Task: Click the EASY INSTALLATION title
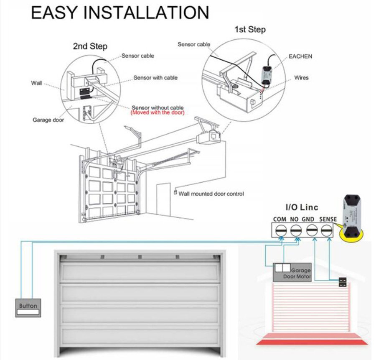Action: tap(120, 13)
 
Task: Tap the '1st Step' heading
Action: tap(250, 30)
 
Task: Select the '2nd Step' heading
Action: tap(90, 46)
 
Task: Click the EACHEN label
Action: tap(300, 56)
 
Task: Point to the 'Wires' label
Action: tap(301, 78)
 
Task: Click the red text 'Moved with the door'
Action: tap(157, 113)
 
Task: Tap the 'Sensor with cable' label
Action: tap(155, 78)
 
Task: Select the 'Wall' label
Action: tap(37, 83)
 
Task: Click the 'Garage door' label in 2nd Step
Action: tap(48, 120)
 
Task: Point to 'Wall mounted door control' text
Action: tap(211, 194)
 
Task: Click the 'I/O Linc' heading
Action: tap(302, 207)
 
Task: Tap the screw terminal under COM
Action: tap(280, 230)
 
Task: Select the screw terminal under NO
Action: tap(296, 230)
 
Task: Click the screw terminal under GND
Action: tap(311, 230)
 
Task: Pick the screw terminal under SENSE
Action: tap(327, 230)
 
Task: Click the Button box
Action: tap(28, 308)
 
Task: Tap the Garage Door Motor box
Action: tap(292, 272)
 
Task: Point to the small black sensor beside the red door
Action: tap(344, 282)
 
